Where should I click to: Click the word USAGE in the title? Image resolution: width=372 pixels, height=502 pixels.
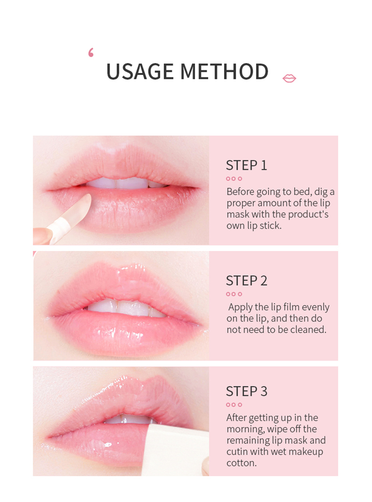point(140,71)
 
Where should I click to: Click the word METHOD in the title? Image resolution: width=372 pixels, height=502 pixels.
point(224,71)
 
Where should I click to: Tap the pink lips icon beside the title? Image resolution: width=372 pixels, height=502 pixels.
point(289,78)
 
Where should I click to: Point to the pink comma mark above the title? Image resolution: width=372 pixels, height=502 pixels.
point(91,53)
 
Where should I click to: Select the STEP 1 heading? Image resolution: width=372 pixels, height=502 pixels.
point(246,166)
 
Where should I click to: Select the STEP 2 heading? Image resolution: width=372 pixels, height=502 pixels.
point(246,281)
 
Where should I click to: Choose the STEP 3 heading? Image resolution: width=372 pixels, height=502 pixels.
point(246,391)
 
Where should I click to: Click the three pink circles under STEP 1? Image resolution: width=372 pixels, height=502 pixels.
point(234,179)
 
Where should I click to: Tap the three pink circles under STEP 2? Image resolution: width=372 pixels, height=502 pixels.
point(234,294)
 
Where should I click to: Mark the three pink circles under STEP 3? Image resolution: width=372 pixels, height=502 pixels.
point(234,405)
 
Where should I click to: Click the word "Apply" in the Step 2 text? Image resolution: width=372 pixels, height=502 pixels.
point(240,308)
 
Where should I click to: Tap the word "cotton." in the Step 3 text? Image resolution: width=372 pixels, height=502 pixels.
point(242,463)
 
